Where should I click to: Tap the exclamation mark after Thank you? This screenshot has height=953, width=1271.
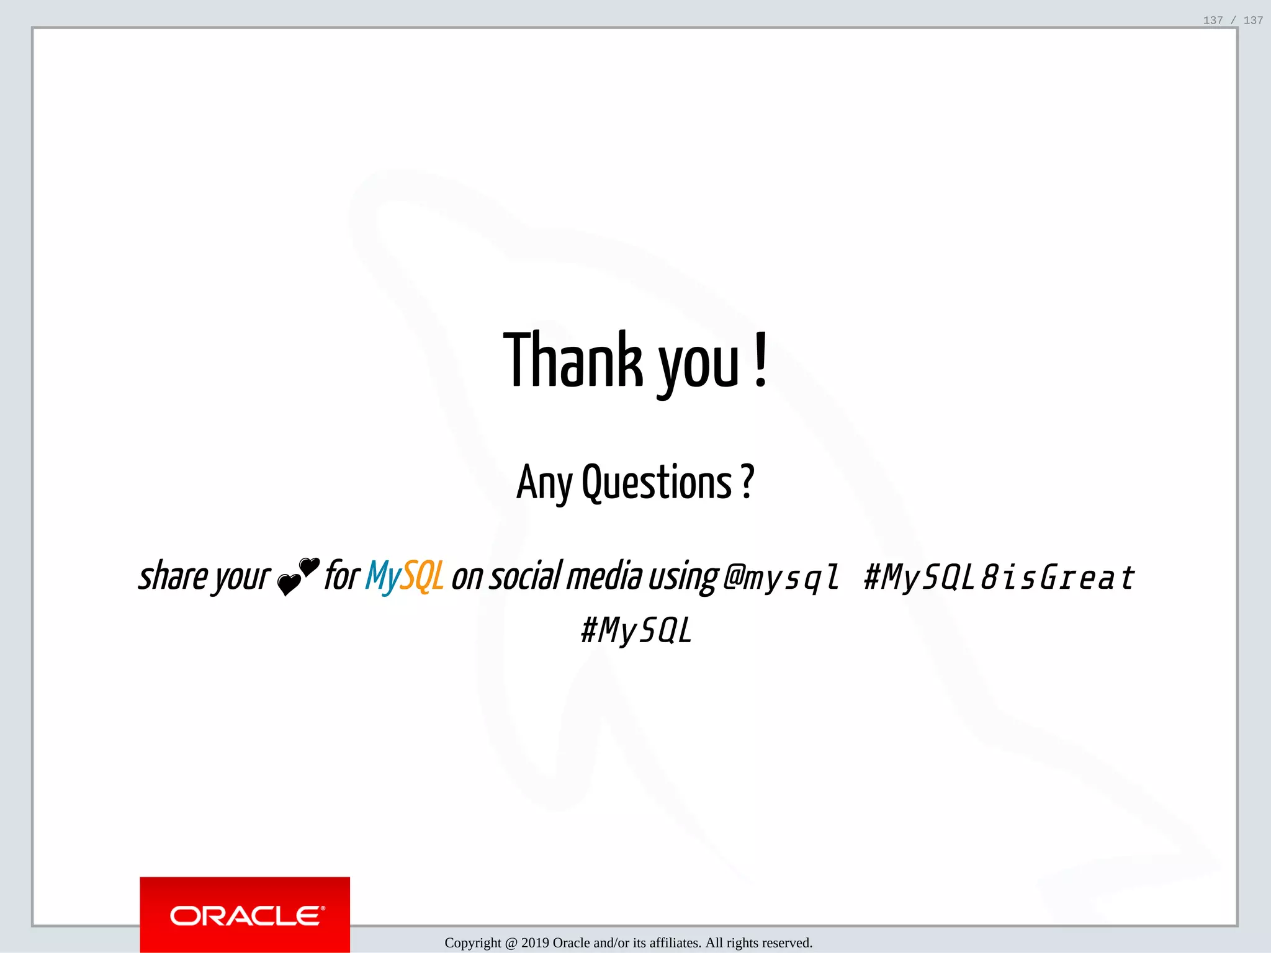pyautogui.click(x=761, y=360)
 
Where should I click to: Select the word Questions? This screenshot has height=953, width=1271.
pyautogui.click(x=657, y=483)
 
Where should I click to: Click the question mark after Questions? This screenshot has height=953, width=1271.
pyautogui.click(x=747, y=481)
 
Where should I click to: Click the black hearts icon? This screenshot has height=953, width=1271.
pyautogui.click(x=299, y=576)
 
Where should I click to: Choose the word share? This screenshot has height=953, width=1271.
pyautogui.click(x=173, y=576)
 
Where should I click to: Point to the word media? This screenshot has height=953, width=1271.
pyautogui.click(x=604, y=576)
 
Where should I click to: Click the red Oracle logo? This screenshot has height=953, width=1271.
pyautogui.click(x=245, y=915)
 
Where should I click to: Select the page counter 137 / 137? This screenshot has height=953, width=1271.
pyautogui.click(x=1233, y=20)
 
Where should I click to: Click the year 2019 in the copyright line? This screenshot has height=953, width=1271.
pyautogui.click(x=535, y=943)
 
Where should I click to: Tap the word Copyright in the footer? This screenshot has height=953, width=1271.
pyautogui.click(x=473, y=943)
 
